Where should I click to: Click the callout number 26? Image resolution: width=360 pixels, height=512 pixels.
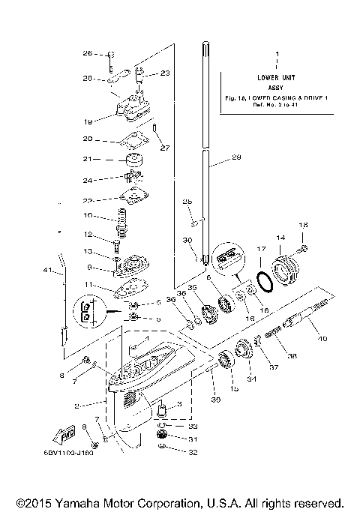click(x=87, y=53)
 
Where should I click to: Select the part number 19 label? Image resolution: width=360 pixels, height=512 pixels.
click(x=88, y=121)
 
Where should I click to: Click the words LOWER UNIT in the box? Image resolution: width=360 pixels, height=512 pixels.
click(x=277, y=77)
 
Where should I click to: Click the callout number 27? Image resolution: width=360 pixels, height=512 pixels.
click(x=164, y=148)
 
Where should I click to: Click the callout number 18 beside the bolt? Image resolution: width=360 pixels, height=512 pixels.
click(x=303, y=225)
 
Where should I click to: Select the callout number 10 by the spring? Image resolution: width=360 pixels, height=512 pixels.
click(x=88, y=216)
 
